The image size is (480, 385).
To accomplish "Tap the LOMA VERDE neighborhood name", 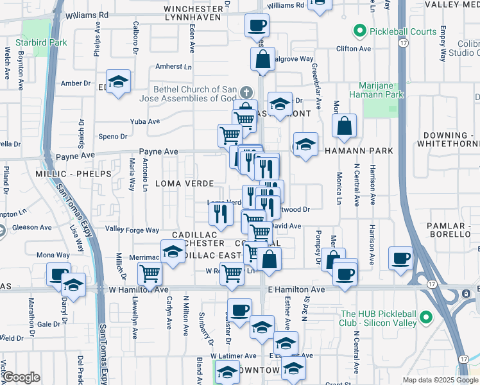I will click(184, 184).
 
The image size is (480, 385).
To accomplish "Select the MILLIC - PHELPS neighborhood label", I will click(74, 174).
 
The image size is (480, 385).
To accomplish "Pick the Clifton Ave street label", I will click(354, 48).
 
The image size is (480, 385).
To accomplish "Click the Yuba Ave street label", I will click(144, 121).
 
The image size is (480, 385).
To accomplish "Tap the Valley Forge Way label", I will click(132, 230).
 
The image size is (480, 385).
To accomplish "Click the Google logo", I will click(21, 378).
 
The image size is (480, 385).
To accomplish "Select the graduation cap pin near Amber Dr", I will click(118, 81).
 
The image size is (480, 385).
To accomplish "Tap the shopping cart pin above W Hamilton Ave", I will click(150, 274).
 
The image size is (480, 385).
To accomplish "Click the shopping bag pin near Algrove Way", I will click(263, 60).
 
